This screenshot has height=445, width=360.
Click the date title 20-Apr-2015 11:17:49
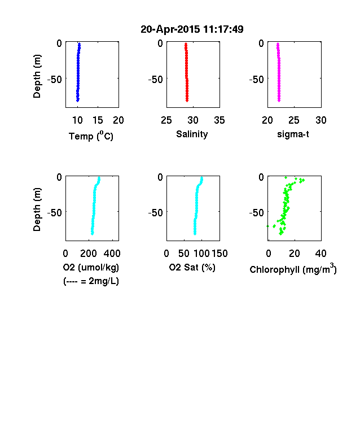(x=192, y=29)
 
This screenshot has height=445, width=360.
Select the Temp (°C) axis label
(x=91, y=136)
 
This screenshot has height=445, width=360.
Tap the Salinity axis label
(x=192, y=134)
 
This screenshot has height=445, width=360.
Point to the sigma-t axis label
(x=293, y=134)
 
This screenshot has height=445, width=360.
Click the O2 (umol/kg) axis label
(x=91, y=267)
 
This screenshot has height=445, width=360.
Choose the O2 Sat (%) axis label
(x=192, y=267)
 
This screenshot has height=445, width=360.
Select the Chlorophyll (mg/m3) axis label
(x=293, y=268)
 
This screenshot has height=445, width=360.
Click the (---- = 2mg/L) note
(x=91, y=281)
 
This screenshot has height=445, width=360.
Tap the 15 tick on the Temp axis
(x=98, y=120)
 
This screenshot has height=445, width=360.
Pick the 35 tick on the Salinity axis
(x=219, y=120)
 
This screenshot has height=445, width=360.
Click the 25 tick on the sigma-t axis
(x=294, y=120)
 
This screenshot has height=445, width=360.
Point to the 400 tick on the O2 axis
(x=112, y=254)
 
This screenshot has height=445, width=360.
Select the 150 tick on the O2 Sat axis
(x=219, y=254)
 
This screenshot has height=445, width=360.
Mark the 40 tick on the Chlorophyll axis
(x=321, y=254)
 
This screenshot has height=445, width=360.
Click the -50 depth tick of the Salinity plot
(x=156, y=80)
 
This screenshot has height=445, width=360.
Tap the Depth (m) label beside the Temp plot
(x=37, y=76)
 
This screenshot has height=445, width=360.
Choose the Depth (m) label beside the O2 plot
(x=37, y=210)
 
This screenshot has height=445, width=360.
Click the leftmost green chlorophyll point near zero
(x=267, y=226)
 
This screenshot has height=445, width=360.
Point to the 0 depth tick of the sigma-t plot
(x=261, y=43)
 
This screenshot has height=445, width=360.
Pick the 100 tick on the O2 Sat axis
(x=201, y=254)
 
